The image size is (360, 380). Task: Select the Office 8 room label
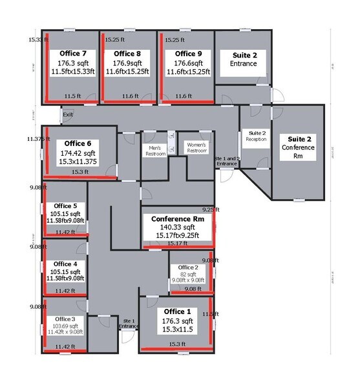pos(127,53)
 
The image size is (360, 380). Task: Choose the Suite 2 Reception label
pos(256,136)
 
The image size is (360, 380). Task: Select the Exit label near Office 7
pos(68,114)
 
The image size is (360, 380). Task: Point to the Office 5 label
pos(66,206)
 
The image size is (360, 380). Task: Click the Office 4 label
pos(66,264)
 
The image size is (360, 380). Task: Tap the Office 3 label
pos(65,319)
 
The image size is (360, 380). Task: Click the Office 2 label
pos(189,267)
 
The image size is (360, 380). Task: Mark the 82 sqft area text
pos(189,274)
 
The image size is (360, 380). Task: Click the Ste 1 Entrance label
pos(129,323)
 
